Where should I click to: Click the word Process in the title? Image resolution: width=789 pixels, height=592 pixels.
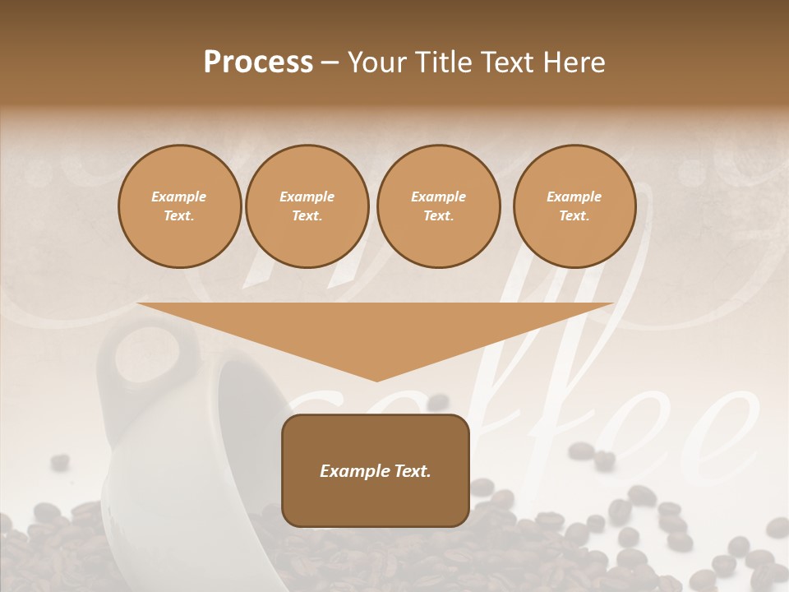coord(258,62)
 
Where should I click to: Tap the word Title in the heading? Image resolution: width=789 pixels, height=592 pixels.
coord(443,62)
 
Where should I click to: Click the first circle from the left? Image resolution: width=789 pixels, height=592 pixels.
coord(179,206)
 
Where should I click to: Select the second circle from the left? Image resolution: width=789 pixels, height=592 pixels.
coord(307,206)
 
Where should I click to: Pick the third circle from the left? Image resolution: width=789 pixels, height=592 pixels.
coord(438,206)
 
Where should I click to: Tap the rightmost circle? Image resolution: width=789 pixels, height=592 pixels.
coord(574,206)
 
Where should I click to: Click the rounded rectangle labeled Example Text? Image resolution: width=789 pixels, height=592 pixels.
coord(376,470)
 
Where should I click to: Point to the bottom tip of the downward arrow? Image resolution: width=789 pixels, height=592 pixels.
coord(377,380)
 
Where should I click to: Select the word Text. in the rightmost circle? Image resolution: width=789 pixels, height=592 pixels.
coord(574,216)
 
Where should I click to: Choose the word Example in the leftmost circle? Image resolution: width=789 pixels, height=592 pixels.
coord(179,197)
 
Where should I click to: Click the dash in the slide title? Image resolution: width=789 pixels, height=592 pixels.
coord(330,63)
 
